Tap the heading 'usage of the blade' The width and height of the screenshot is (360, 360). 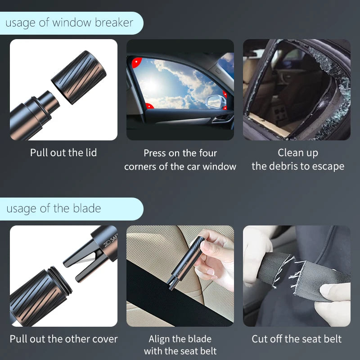click(54, 209)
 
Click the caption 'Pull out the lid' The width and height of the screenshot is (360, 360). click(63, 153)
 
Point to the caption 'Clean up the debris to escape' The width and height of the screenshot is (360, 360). click(297, 160)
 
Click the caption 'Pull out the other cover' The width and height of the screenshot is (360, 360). click(63, 339)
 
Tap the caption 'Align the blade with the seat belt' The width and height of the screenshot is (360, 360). click(180, 345)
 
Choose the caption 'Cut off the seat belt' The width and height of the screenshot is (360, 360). click(297, 339)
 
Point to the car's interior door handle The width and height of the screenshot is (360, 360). click(221, 119)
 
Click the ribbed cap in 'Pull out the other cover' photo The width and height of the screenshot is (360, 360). click(38, 297)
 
